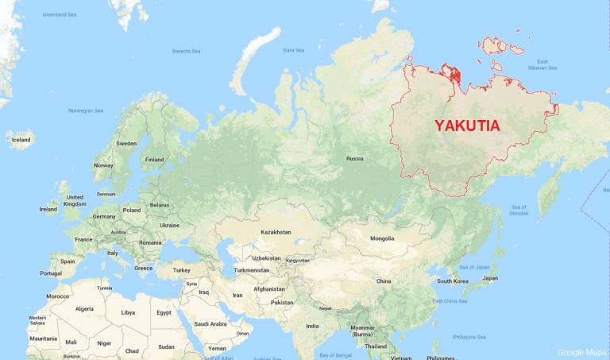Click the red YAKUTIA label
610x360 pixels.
467,125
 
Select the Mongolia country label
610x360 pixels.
382,238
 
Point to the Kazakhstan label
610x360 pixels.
276,232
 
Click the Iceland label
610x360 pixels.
21,140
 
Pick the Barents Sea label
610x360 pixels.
187,51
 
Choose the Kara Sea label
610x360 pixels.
294,50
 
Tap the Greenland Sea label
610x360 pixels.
60,14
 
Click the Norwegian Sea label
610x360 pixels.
86,110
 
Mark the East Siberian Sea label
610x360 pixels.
542,64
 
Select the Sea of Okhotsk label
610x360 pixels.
518,210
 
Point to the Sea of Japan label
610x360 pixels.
474,267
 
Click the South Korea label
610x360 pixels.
453,281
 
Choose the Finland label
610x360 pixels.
154,159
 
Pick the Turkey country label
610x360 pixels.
183,270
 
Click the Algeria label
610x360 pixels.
84,308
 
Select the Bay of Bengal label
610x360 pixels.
335,354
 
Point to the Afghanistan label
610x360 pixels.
269,289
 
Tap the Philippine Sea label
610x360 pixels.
470,337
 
